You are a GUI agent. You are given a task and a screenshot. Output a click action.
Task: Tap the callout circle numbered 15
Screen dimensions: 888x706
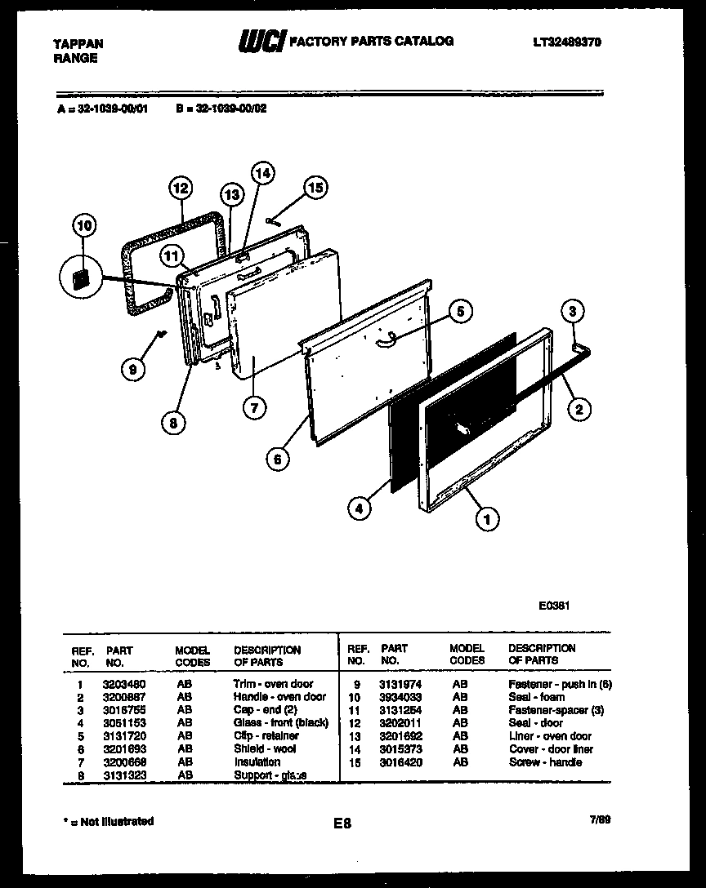[315, 188]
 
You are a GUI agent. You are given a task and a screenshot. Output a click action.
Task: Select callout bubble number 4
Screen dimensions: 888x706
[357, 508]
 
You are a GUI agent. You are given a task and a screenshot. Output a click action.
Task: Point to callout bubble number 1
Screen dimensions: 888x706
[488, 517]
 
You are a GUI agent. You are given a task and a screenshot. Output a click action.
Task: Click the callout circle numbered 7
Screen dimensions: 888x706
[255, 408]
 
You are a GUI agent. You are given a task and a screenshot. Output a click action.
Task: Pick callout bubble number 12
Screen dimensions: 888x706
[181, 188]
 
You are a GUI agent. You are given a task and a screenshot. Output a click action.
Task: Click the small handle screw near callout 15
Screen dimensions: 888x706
[273, 220]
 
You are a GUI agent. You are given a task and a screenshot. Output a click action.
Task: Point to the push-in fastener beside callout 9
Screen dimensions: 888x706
[162, 332]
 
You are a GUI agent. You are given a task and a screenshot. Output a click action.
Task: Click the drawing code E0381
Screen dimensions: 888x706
[554, 606]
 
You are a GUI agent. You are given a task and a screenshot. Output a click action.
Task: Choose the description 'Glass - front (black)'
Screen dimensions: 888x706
[280, 723]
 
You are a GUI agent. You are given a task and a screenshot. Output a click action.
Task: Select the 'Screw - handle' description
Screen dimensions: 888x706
[545, 762]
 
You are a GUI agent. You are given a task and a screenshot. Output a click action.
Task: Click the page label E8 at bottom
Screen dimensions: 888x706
[342, 824]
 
